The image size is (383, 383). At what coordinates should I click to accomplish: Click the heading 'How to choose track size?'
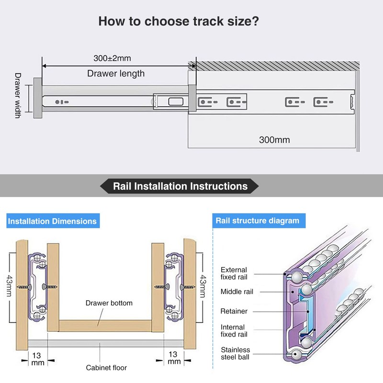[179, 22]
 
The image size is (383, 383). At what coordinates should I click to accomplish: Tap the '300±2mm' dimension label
[112, 58]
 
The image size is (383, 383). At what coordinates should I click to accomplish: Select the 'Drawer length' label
[115, 73]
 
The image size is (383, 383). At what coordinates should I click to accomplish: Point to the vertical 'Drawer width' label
[18, 95]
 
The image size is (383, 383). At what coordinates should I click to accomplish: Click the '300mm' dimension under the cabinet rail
[274, 140]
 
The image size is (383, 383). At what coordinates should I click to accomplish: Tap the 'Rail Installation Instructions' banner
[180, 186]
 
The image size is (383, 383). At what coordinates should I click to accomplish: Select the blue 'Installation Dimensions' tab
[52, 221]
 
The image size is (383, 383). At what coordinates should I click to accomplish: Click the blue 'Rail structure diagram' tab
[257, 221]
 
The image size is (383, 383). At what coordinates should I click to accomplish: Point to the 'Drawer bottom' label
[109, 303]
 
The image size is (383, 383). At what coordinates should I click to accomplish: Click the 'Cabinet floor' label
[106, 368]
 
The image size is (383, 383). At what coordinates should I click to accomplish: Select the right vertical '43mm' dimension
[203, 286]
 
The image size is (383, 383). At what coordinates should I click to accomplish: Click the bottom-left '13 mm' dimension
[38, 358]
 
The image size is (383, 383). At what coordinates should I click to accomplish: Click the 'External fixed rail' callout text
[234, 273]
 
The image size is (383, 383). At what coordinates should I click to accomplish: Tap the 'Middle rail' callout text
[237, 292]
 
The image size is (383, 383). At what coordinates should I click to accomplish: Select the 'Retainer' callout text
[234, 311]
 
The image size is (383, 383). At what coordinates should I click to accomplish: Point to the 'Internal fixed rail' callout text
[234, 330]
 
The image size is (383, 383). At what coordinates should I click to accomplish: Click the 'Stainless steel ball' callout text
[235, 353]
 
